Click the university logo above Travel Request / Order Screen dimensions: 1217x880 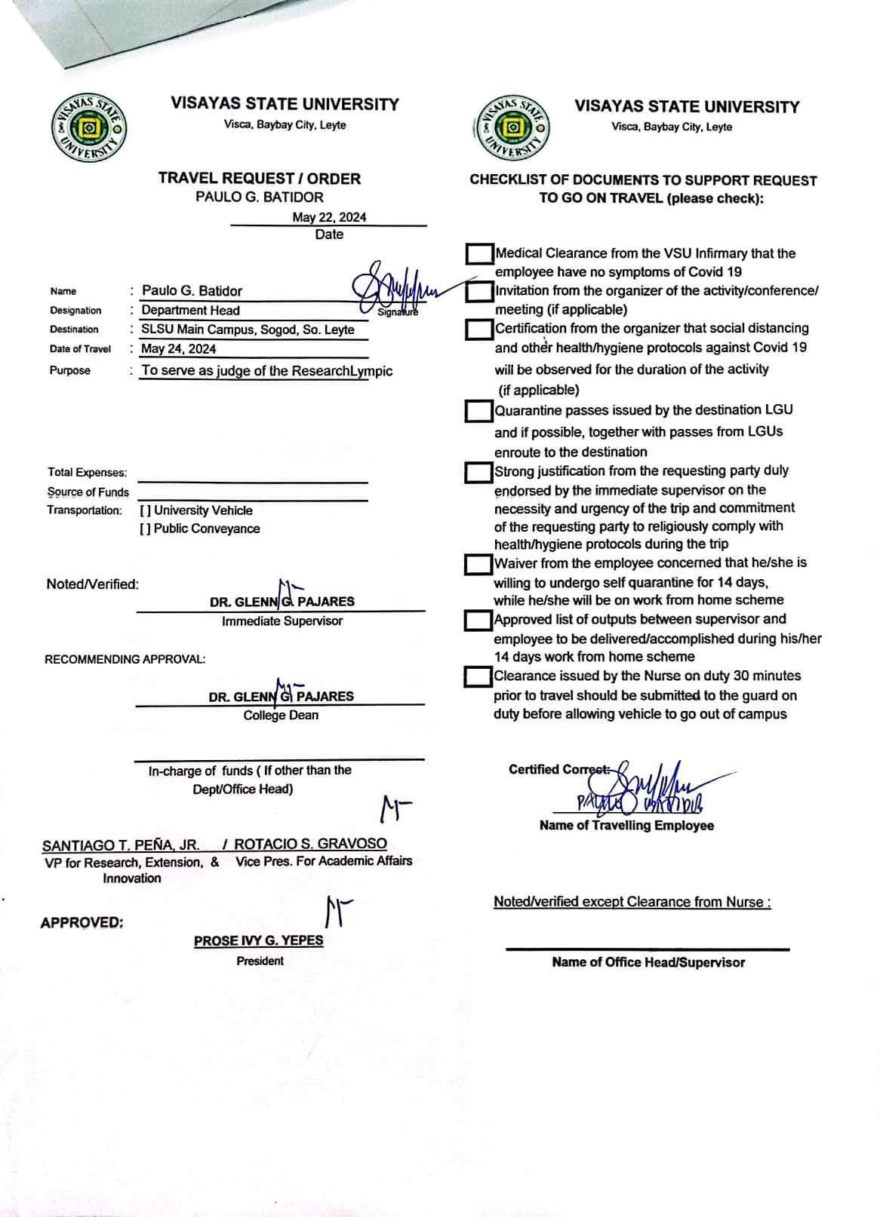point(88,129)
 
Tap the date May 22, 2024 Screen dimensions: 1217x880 point(329,217)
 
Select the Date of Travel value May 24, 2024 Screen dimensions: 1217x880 point(179,348)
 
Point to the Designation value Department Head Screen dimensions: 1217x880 point(191,310)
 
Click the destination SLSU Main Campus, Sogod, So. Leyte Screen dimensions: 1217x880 point(248,330)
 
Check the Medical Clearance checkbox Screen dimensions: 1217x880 point(478,253)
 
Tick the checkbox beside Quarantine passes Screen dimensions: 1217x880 point(478,411)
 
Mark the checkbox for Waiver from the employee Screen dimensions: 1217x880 point(478,564)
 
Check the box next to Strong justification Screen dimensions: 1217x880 point(478,473)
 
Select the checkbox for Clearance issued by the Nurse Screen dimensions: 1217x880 point(478,676)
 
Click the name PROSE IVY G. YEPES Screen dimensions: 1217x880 point(258,940)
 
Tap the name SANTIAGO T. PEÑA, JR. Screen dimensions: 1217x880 point(121,845)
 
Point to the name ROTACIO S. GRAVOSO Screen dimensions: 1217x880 point(310,844)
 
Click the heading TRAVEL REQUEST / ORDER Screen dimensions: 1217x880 point(260,179)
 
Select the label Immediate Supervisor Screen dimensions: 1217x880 point(282,621)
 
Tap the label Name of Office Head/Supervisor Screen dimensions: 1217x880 point(648,962)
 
